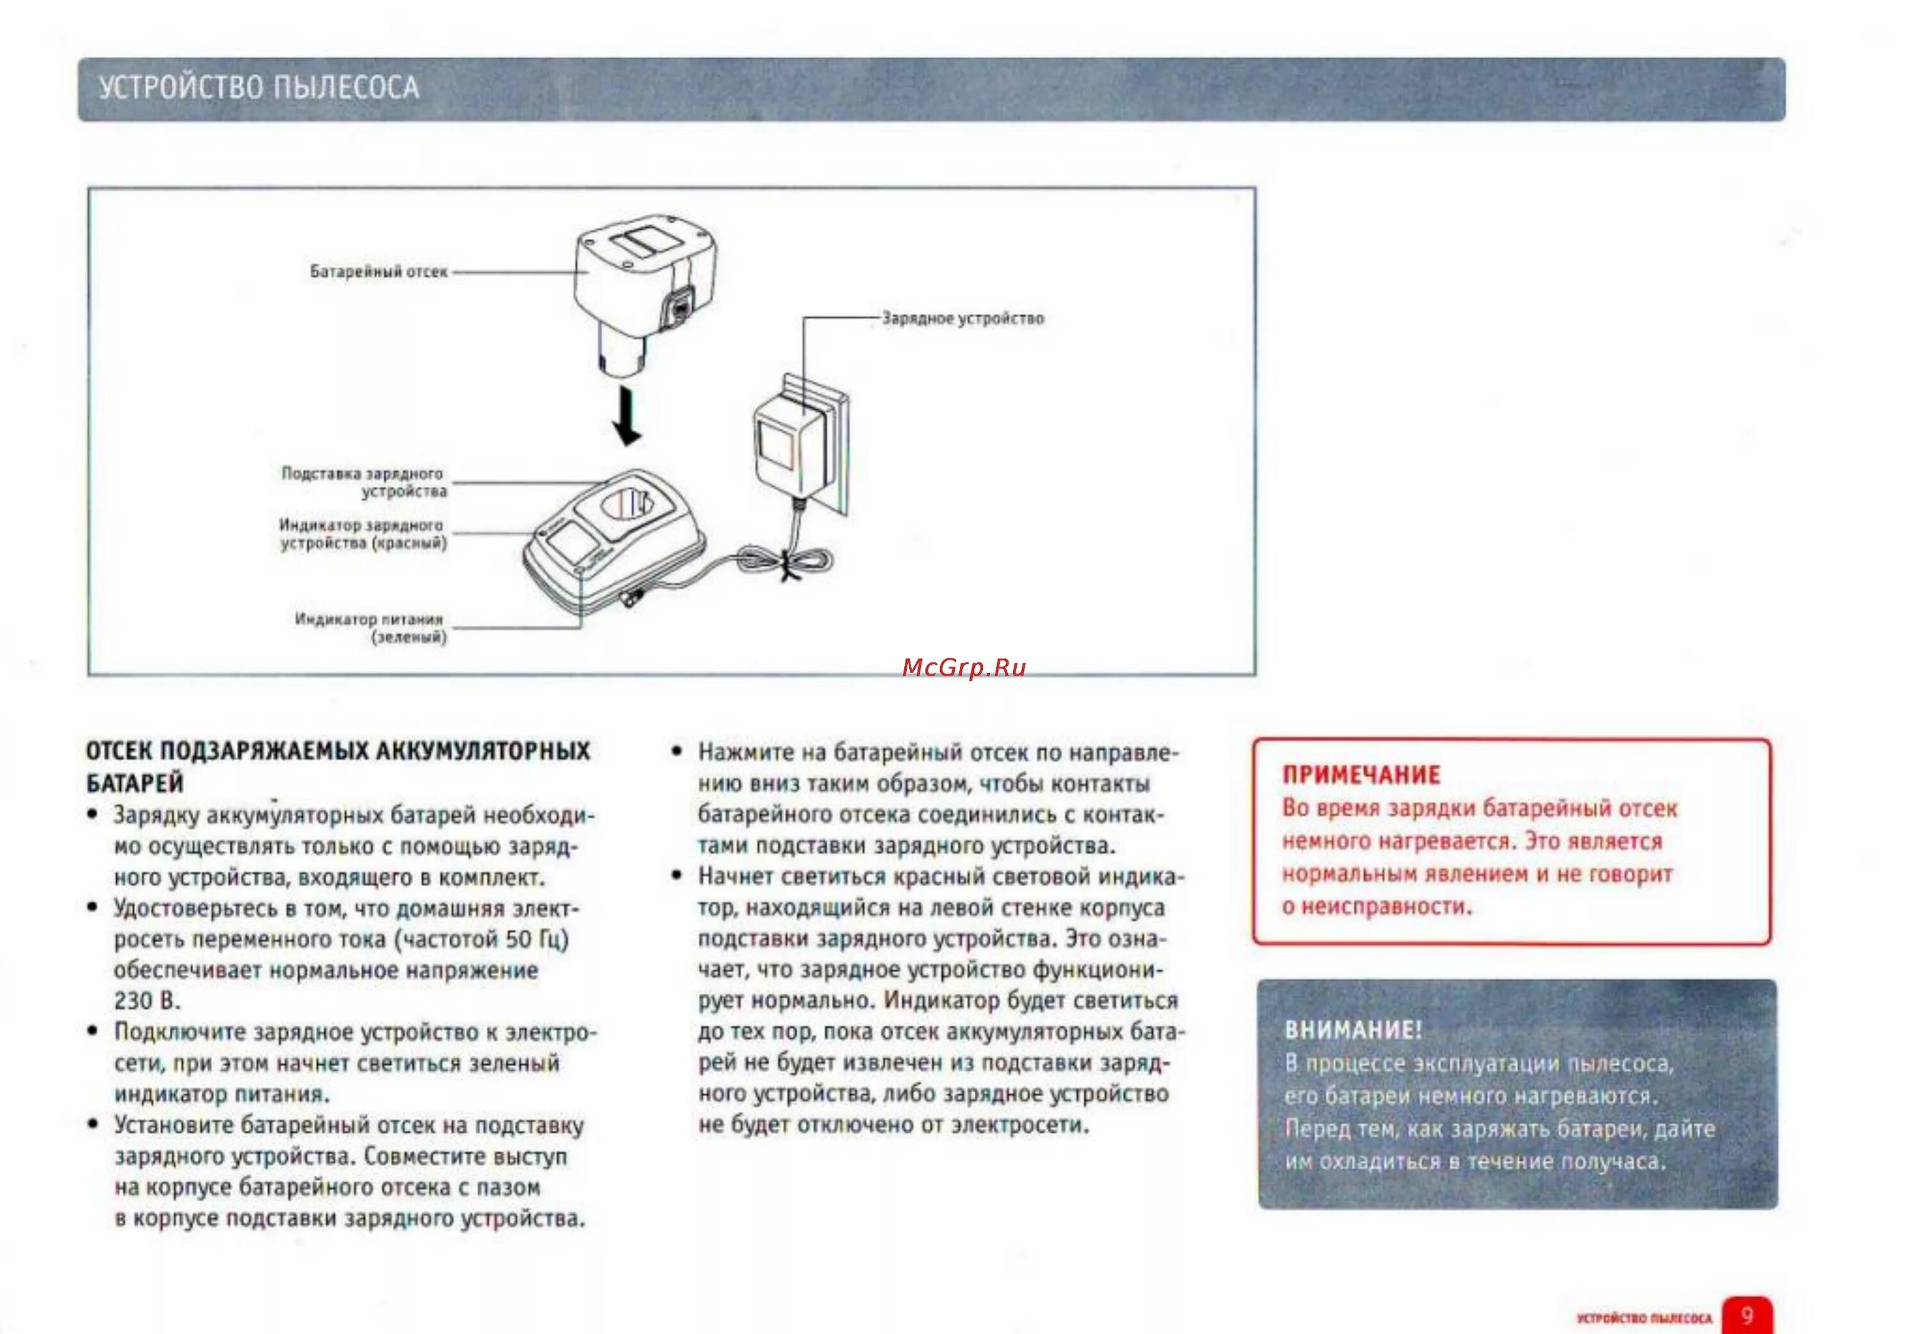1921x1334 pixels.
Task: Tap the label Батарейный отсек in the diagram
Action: coord(378,272)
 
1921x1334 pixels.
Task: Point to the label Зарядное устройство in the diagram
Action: coord(962,318)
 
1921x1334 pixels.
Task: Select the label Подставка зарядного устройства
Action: coord(364,482)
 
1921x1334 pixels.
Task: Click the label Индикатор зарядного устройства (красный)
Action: coord(362,534)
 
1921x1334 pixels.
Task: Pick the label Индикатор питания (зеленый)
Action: coord(369,628)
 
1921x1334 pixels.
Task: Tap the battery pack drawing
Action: coord(644,284)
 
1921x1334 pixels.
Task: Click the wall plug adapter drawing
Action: coord(794,443)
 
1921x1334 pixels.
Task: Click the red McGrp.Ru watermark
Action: coord(964,668)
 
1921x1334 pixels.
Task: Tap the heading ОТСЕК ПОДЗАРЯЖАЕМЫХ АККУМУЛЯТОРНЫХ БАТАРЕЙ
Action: coord(337,766)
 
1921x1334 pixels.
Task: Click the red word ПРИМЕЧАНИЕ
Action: coord(1360,775)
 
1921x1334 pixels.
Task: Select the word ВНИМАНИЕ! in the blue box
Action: coord(1352,1030)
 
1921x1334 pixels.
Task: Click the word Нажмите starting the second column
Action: coord(745,752)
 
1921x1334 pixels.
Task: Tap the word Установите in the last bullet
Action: coord(173,1125)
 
